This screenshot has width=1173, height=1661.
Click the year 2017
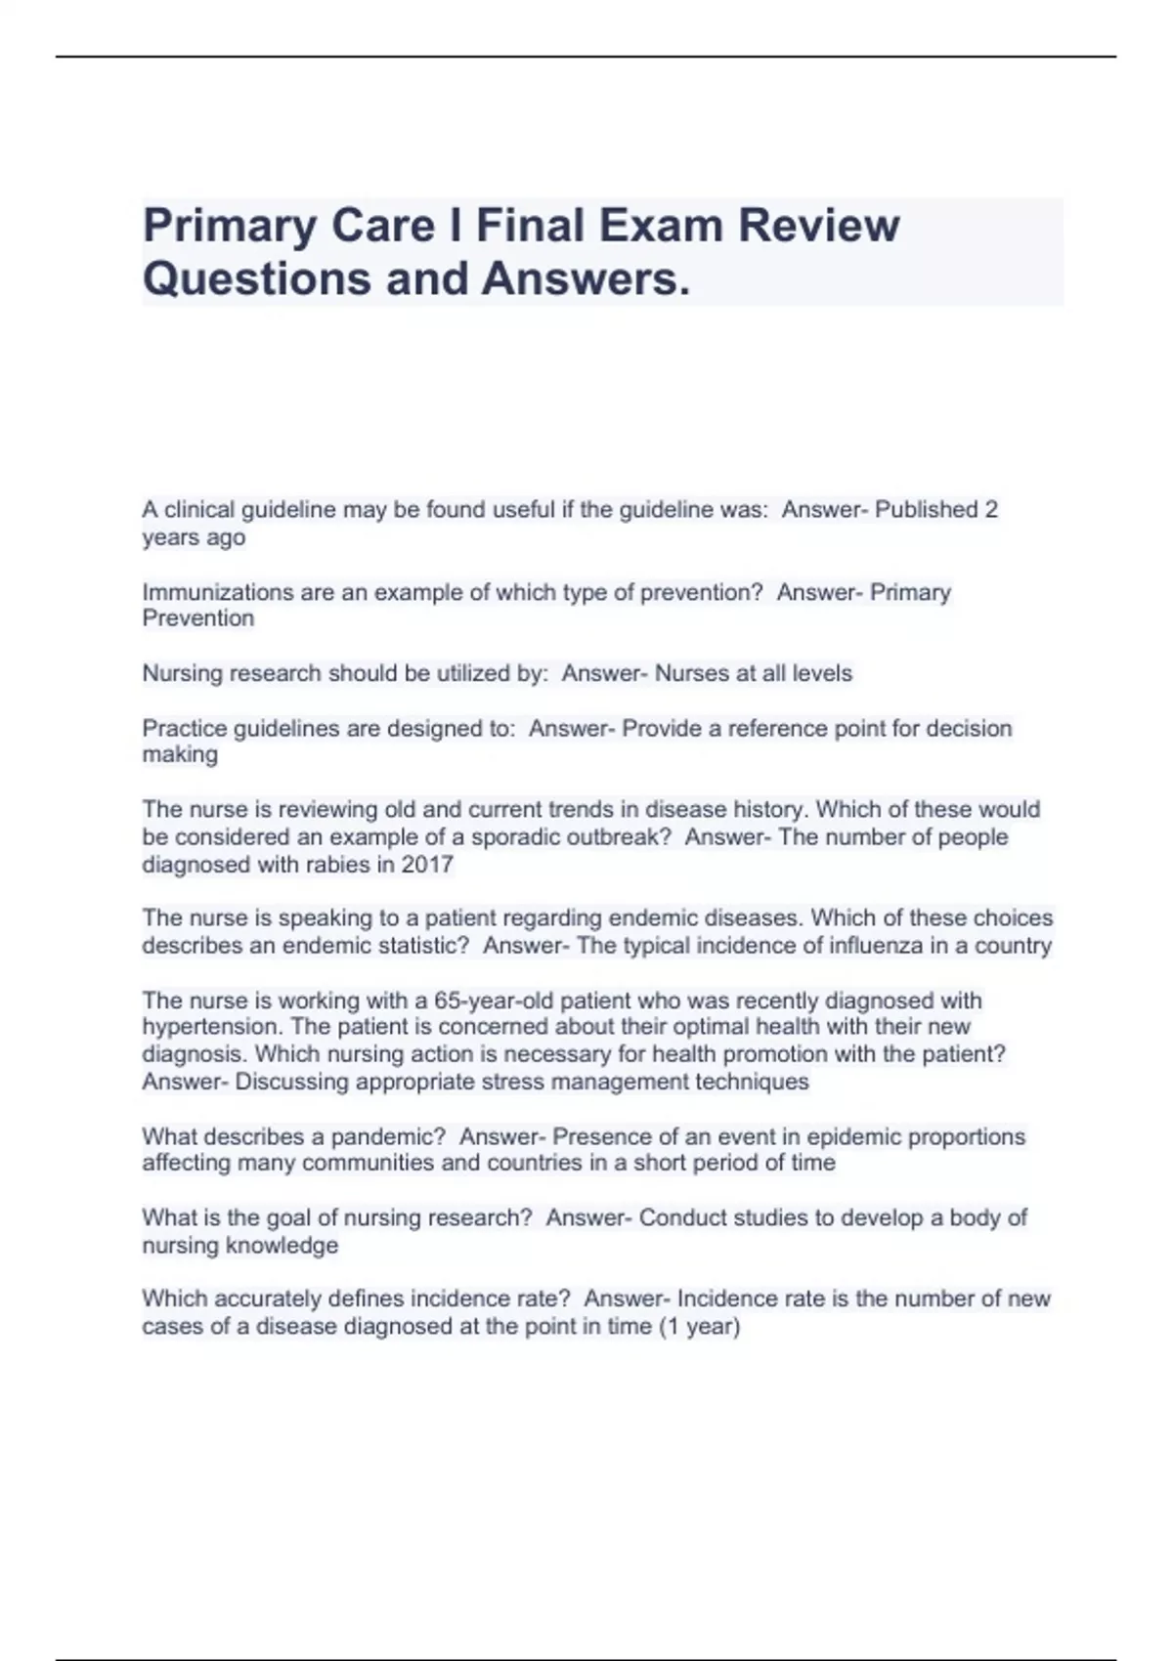pyautogui.click(x=427, y=865)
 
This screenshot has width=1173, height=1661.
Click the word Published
pyautogui.click(x=926, y=509)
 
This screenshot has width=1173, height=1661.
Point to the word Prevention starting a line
pyautogui.click(x=198, y=618)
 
